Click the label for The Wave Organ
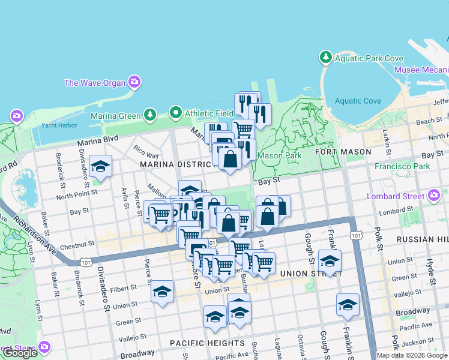point(95,83)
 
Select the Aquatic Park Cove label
point(369,58)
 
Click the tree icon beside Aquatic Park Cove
point(325,58)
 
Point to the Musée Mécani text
point(421,70)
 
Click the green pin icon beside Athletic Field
point(175,112)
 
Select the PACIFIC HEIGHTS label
point(207,343)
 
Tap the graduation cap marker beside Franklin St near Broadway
point(348,305)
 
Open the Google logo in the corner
point(20,353)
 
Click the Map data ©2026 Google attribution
point(412,355)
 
